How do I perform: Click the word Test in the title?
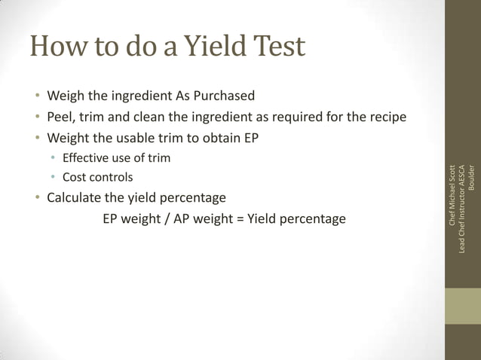pos(278,47)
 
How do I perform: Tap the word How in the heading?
pos(57,47)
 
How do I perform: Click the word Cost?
pos(75,178)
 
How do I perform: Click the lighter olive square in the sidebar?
pos(463,307)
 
